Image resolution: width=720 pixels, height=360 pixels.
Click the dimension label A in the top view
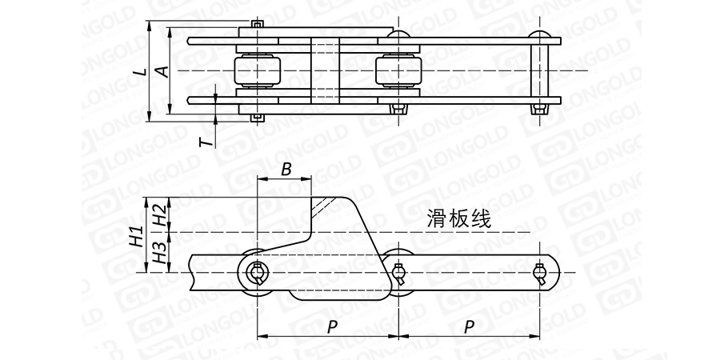pos(162,71)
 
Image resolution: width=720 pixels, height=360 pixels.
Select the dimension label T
pos(206,142)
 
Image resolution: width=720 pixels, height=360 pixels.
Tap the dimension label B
pos(286,170)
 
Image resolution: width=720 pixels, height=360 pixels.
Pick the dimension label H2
pos(160,214)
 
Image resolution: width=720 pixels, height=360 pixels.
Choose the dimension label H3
pos(160,254)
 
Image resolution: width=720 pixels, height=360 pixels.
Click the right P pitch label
pos(470,326)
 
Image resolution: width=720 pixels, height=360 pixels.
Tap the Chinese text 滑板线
pos(458,217)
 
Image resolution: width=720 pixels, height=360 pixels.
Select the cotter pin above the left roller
pos(256,25)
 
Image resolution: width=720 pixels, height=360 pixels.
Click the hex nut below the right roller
pos(398,108)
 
